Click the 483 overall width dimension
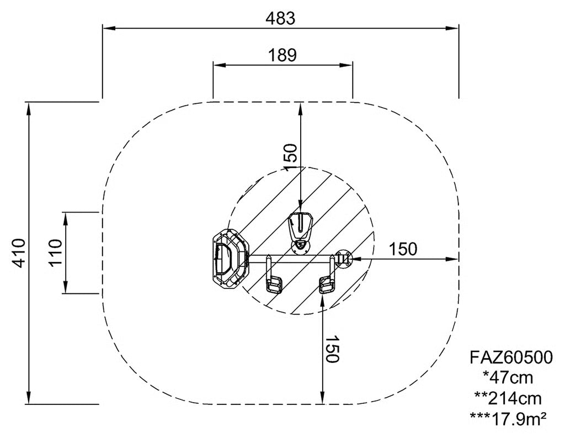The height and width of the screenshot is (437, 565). tap(280, 18)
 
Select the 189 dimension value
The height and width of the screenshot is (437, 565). tap(282, 55)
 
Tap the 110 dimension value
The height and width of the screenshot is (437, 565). tap(56, 252)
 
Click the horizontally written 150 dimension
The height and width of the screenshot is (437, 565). tap(403, 249)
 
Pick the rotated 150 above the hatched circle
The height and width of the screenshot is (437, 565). tap(290, 157)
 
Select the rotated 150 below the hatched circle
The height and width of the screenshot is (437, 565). tap(332, 349)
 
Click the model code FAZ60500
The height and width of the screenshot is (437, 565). tap(511, 357)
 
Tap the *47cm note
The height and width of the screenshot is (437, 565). tap(508, 378)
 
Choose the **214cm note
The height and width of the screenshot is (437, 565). tap(508, 398)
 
